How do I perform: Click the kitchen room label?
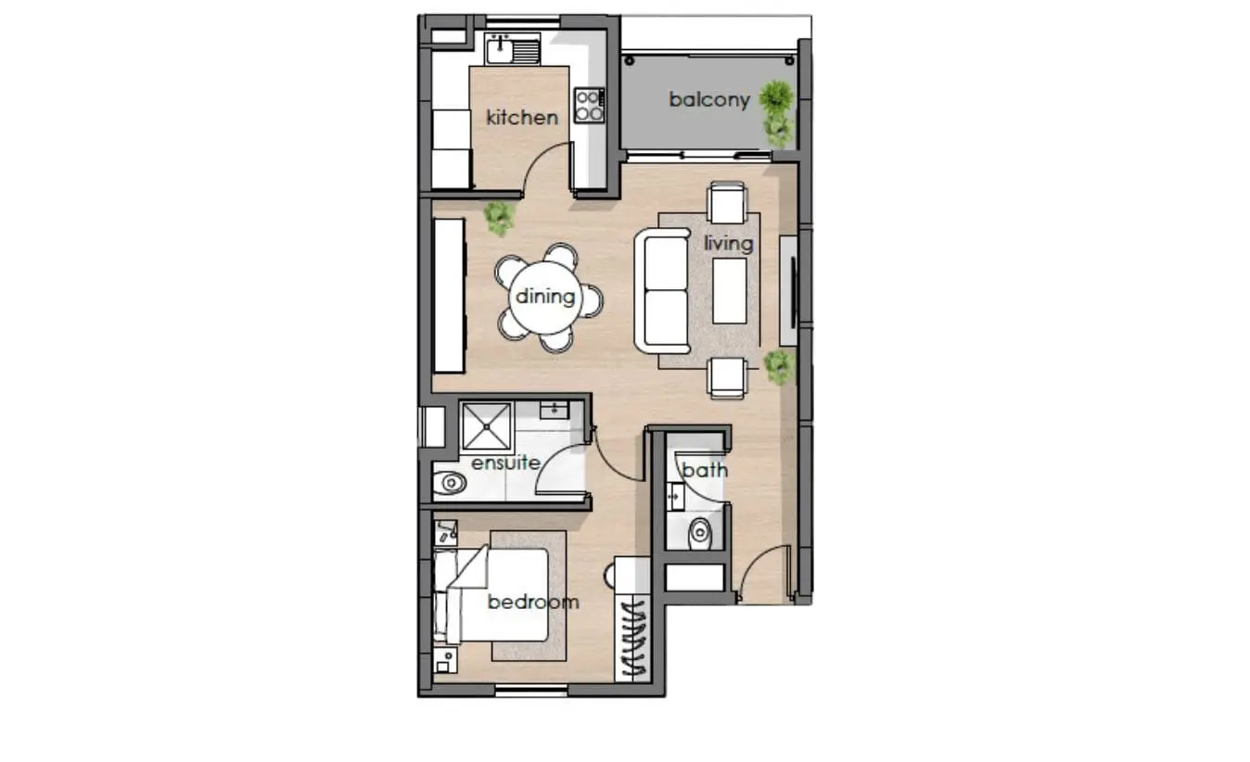(x=522, y=118)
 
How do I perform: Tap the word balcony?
(x=709, y=100)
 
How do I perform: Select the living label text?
(x=728, y=244)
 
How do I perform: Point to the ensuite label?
(x=505, y=463)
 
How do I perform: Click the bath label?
(x=705, y=470)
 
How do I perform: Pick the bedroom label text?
(x=533, y=602)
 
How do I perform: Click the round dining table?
(x=545, y=298)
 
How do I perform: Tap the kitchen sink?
(x=512, y=49)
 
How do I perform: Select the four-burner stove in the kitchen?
(x=589, y=106)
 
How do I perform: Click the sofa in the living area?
(x=662, y=290)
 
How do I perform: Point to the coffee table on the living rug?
(x=730, y=291)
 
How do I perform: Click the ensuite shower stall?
(x=487, y=426)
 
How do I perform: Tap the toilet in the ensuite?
(x=450, y=483)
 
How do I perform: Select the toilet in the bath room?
(x=700, y=534)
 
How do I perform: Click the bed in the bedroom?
(x=491, y=594)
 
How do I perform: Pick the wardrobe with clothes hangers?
(x=632, y=639)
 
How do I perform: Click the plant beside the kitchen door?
(x=499, y=218)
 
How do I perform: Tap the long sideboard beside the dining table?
(x=449, y=296)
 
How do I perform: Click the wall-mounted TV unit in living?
(x=788, y=291)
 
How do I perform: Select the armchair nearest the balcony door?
(x=727, y=203)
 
